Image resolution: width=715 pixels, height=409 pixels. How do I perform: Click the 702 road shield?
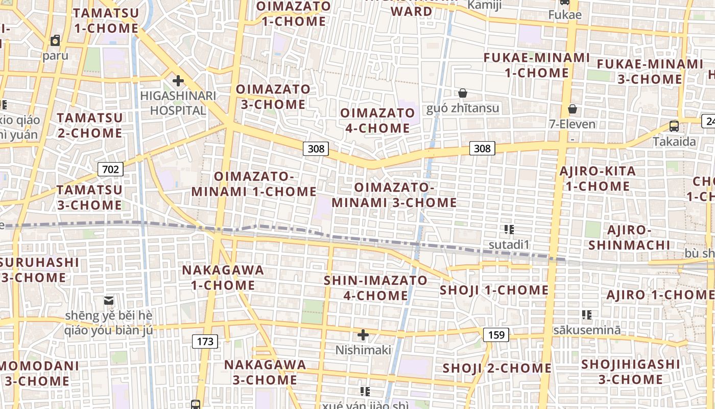[x=110, y=169]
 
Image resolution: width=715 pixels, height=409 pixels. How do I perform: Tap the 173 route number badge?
[x=205, y=341]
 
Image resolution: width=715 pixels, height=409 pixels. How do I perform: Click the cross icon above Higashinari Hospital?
[x=178, y=81]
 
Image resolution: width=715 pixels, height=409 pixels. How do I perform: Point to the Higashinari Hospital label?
[x=178, y=103]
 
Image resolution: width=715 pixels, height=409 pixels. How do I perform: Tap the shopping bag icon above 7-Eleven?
[x=573, y=109]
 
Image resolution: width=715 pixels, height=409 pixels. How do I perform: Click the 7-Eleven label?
[x=573, y=124]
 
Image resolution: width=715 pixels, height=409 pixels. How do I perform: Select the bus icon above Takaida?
[x=674, y=126]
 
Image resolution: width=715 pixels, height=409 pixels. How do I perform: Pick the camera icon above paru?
[x=55, y=40]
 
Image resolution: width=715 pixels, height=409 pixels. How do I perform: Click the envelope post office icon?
[x=109, y=300]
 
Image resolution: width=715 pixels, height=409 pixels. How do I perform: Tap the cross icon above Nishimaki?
[x=363, y=335]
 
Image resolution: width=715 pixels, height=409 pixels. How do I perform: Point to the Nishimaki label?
[x=363, y=350]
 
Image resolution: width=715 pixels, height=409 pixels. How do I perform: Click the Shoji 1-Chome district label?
[x=494, y=290]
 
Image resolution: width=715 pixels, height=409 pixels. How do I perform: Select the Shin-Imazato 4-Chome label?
[x=375, y=288]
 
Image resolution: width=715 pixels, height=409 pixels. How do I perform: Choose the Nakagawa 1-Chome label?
[x=223, y=277]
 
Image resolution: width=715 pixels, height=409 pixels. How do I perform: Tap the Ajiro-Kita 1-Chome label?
[x=598, y=178]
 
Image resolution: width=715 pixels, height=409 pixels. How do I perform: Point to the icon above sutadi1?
[x=509, y=230]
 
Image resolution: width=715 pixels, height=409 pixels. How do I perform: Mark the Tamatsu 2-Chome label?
[x=90, y=125]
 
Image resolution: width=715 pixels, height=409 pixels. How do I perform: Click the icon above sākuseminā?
[x=587, y=315]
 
